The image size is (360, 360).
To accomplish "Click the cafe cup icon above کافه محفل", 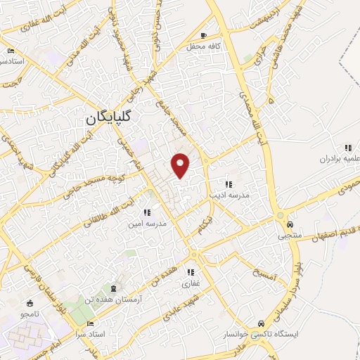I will pyautogui.click(x=204, y=35).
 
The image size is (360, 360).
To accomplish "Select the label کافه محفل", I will pyautogui.click(x=204, y=46).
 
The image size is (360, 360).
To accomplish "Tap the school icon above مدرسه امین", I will pyautogui.click(x=147, y=212).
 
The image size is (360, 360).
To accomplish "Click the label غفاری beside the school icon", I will pyautogui.click(x=191, y=284).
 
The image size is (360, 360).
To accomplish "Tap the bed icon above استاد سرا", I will pyautogui.click(x=89, y=324).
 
